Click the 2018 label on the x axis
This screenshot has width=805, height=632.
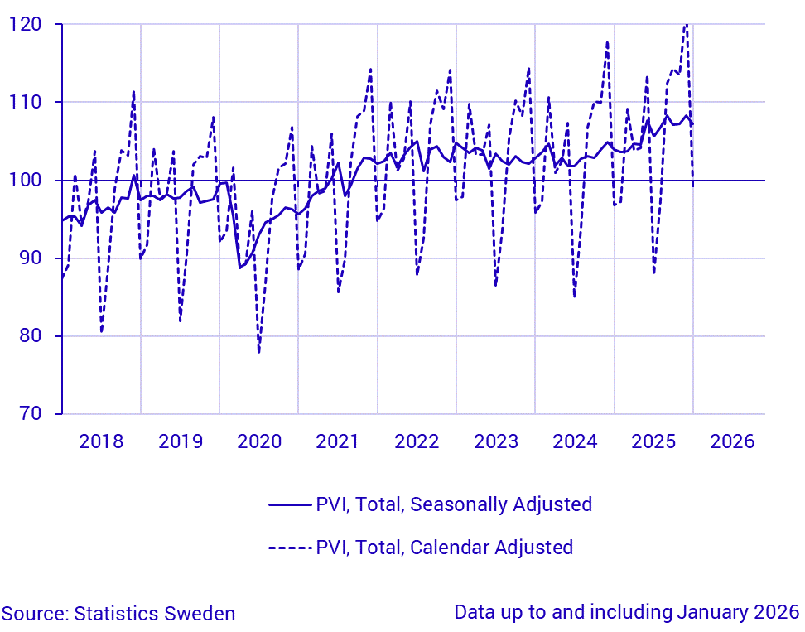pos(101,441)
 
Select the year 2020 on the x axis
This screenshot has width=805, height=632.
pos(259,441)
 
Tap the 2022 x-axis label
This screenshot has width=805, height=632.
pos(417,441)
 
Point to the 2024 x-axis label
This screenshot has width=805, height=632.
pos(575,441)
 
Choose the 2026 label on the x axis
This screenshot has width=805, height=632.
pos(732,441)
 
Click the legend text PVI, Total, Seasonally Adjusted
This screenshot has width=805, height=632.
pos(454,504)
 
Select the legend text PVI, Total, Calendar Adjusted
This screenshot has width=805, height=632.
pos(444,547)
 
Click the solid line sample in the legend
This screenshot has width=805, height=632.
pos(290,504)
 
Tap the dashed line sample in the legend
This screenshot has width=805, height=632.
pos(290,547)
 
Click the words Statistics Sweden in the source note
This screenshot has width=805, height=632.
pos(154,614)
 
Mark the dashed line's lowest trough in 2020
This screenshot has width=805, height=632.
pos(258,352)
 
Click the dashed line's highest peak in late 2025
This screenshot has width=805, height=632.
pos(686,24)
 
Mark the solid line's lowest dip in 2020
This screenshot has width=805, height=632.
pos(240,268)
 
